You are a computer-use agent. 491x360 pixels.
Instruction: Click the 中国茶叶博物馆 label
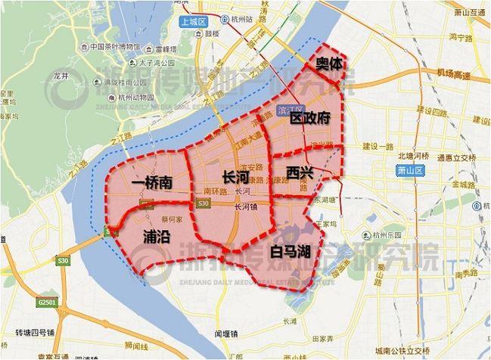click(x=115, y=46)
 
